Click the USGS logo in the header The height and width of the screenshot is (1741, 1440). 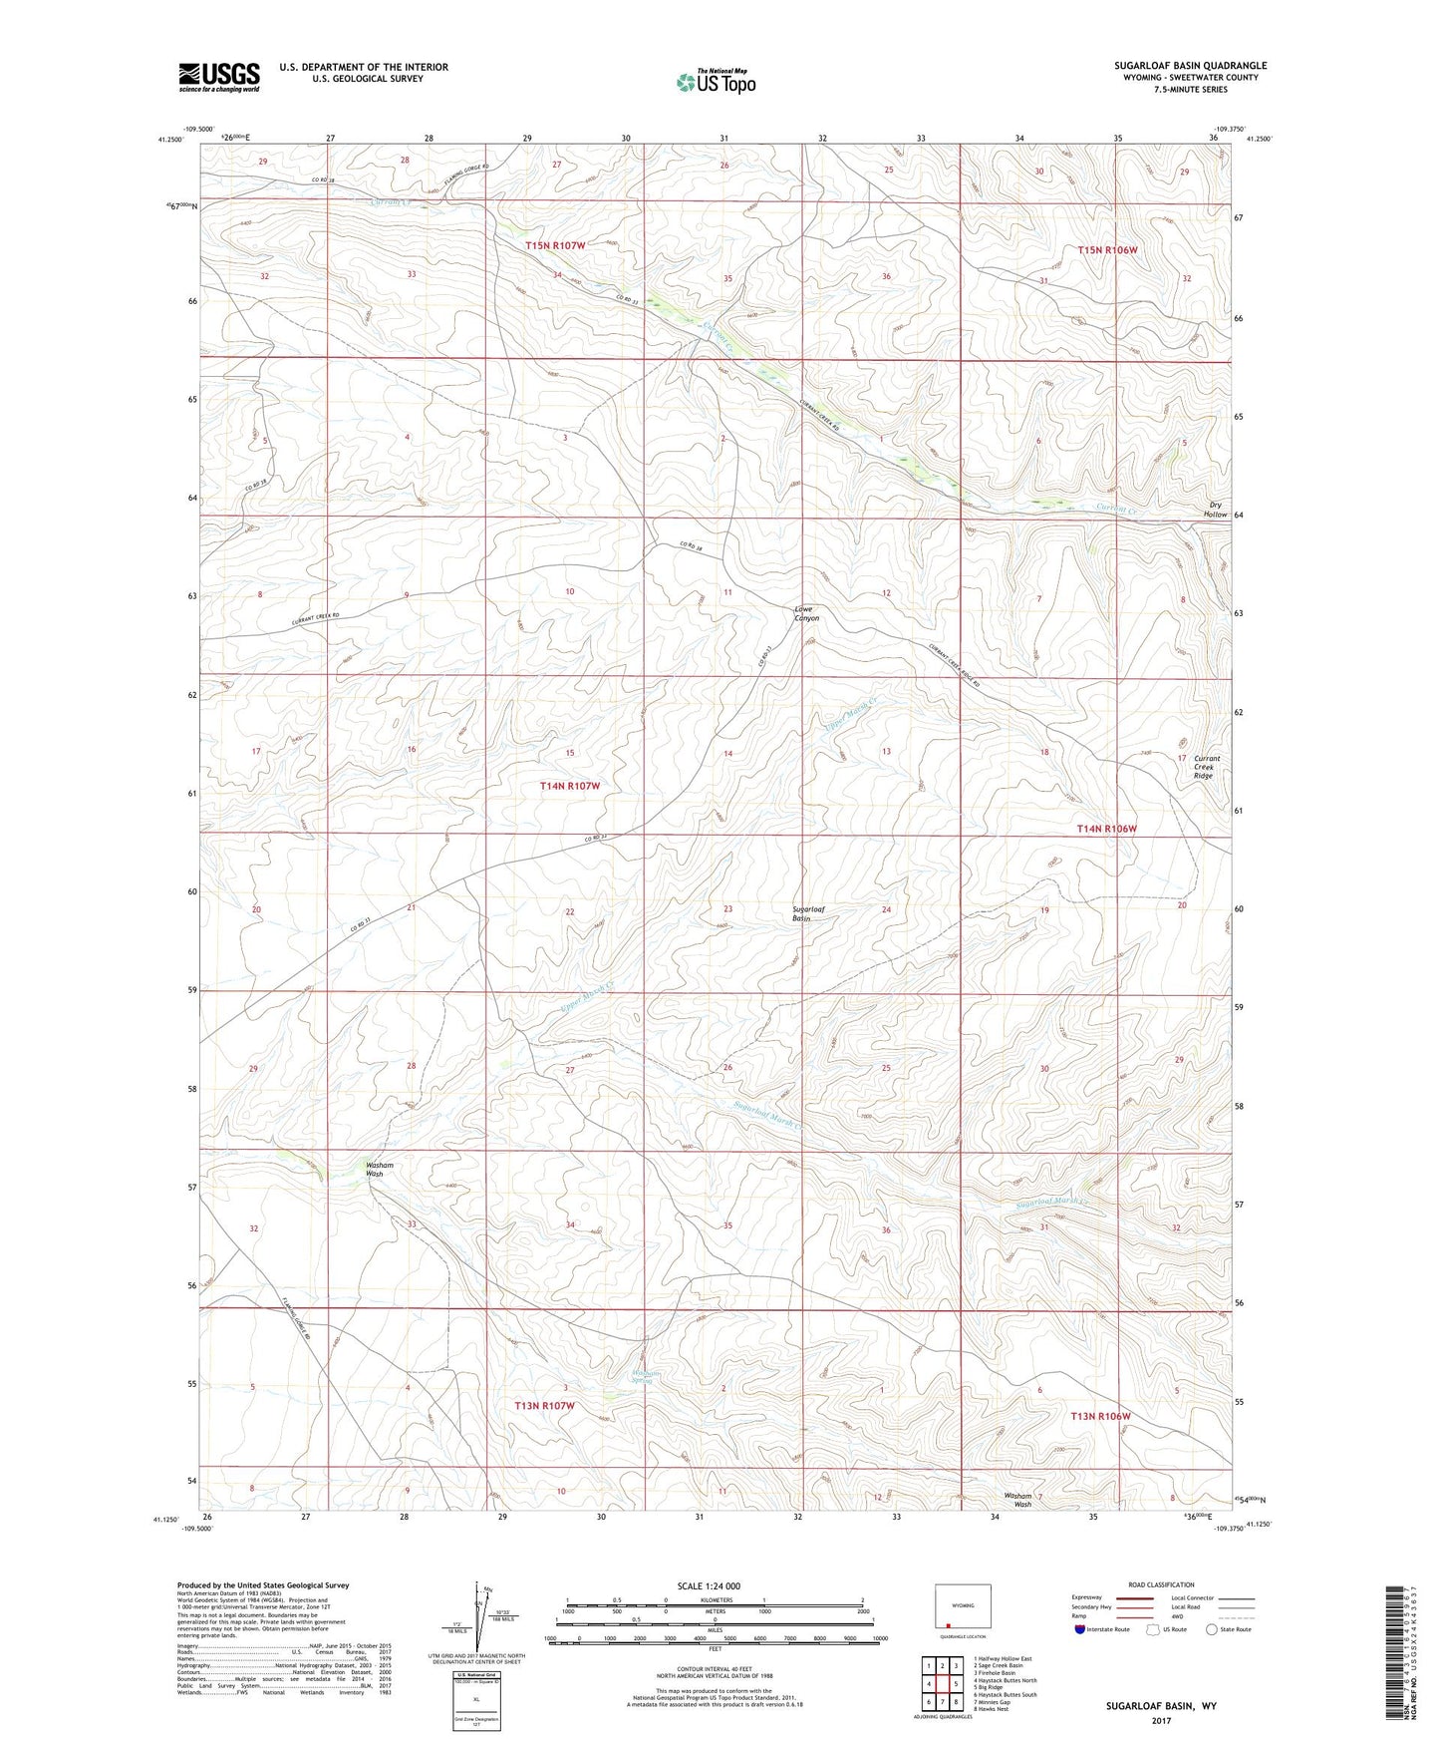tap(219, 77)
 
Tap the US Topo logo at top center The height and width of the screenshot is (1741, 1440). tap(716, 82)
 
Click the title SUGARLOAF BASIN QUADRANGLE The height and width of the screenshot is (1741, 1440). tap(1190, 66)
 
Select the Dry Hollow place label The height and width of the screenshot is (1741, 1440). tap(1215, 510)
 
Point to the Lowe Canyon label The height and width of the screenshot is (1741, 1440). tap(805, 613)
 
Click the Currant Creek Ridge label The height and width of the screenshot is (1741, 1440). tap(1206, 766)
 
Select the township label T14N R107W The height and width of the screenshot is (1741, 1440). tap(570, 786)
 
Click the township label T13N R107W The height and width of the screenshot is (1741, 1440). tap(545, 1405)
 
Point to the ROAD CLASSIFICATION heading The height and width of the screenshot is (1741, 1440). tap(1160, 1584)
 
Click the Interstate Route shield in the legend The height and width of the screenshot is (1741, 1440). tap(1080, 1629)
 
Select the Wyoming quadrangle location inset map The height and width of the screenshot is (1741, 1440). tap(962, 1608)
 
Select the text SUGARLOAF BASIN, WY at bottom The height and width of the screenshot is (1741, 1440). tap(1160, 1706)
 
